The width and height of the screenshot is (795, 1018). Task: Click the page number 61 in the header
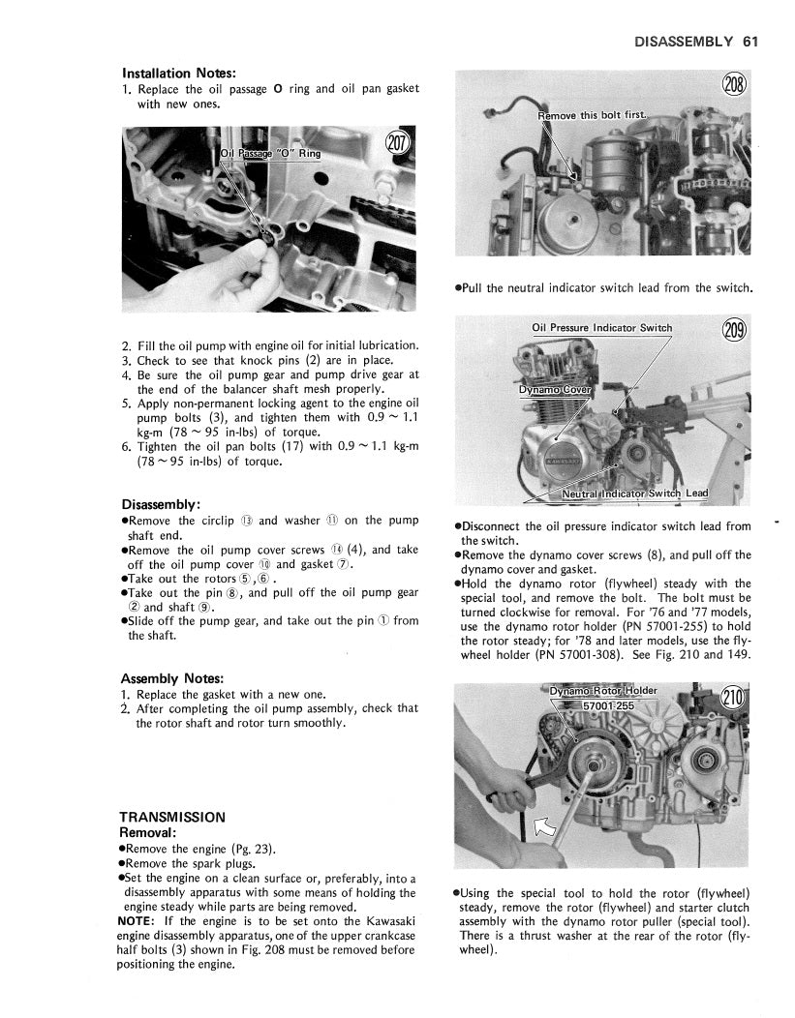click(x=750, y=42)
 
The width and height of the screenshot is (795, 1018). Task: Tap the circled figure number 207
click(x=398, y=143)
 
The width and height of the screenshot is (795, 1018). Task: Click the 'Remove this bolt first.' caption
click(x=593, y=116)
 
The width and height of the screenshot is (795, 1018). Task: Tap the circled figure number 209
click(x=735, y=331)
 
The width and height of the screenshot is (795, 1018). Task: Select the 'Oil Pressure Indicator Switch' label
click(x=601, y=328)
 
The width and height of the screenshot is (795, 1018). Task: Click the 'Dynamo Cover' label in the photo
click(x=555, y=390)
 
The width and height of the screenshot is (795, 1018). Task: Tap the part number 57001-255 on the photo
click(x=608, y=705)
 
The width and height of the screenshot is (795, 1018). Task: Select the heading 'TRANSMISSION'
click(x=172, y=818)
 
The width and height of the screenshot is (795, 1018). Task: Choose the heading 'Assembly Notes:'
click(x=172, y=678)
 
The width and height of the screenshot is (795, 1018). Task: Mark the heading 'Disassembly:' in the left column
click(x=161, y=504)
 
